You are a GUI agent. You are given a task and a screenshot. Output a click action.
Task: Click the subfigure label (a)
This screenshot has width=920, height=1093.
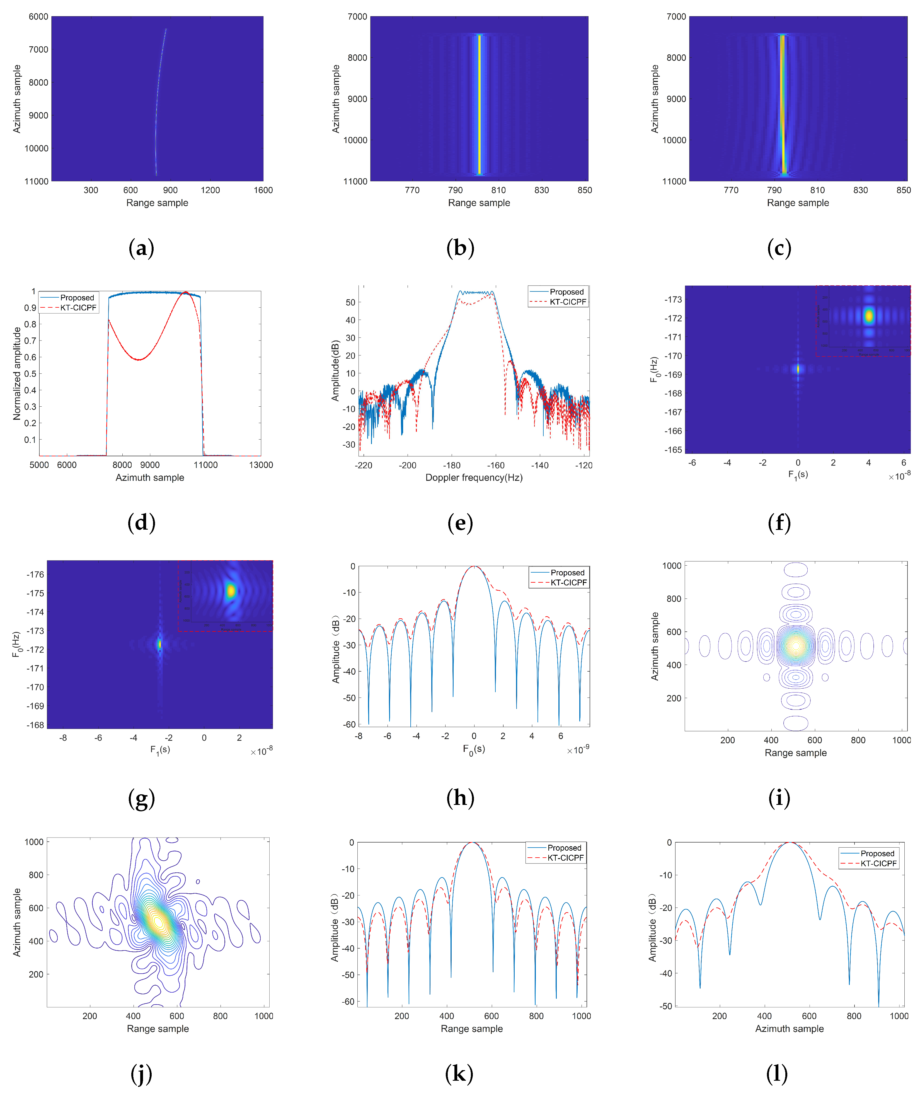[x=141, y=248]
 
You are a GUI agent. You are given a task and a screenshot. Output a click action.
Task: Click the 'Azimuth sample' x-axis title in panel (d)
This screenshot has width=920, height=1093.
[x=150, y=477]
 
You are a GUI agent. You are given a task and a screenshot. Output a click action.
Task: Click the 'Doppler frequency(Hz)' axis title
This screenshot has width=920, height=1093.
[x=474, y=477]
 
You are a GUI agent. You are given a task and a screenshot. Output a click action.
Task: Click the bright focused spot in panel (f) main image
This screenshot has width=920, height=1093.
[x=797, y=369]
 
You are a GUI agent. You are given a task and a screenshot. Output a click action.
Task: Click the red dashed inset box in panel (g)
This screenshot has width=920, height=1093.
[x=225, y=596]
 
